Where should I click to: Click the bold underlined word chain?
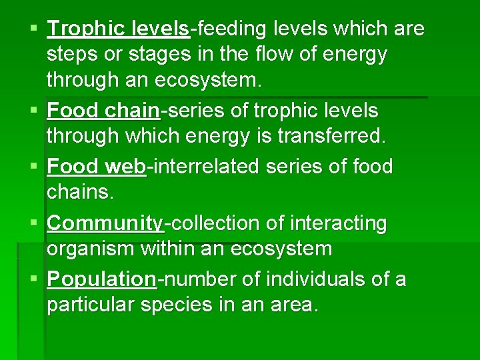(x=129, y=111)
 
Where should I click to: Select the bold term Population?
(x=102, y=279)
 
